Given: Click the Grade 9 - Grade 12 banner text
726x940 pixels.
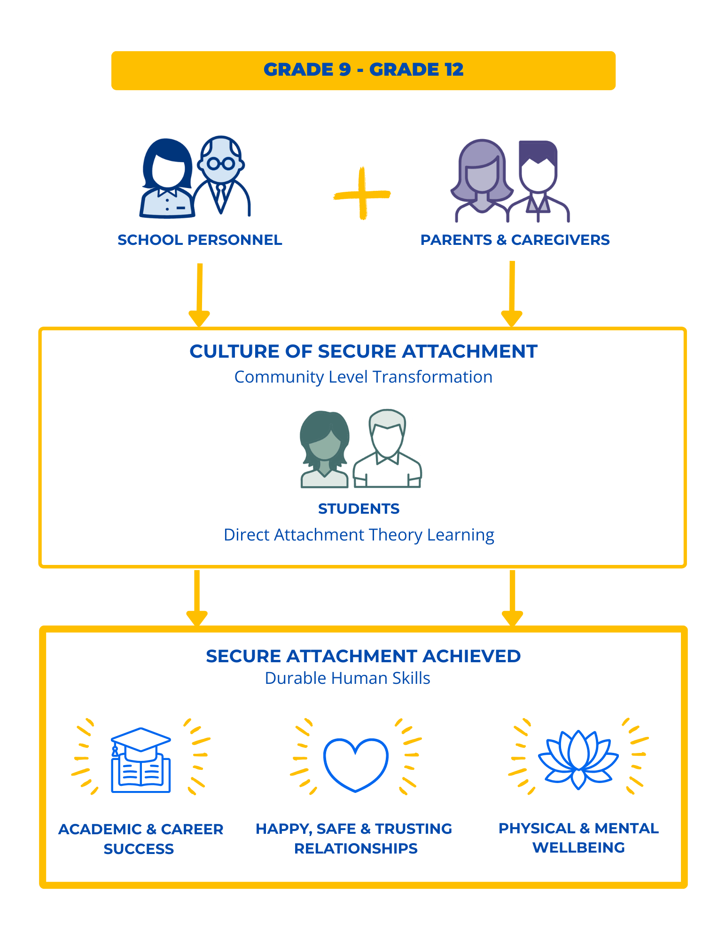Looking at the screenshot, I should [363, 70].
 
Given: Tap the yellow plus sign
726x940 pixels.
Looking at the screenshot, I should [362, 194].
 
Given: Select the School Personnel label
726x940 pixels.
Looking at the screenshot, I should [200, 240].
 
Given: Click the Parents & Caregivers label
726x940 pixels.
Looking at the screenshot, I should [515, 240].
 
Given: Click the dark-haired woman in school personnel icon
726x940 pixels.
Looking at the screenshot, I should [167, 179].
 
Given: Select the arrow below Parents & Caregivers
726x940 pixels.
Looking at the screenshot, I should [512, 294].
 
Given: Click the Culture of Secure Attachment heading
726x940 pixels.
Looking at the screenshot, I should [363, 352].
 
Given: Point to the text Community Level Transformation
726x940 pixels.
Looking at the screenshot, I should [363, 377].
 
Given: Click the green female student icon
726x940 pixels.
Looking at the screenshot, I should [324, 449].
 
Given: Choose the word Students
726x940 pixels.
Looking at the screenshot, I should [359, 509].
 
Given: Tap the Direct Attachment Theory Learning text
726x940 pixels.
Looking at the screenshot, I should [359, 535].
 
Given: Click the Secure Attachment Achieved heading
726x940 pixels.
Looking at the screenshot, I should [363, 656].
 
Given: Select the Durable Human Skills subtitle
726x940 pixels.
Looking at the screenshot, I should [347, 678].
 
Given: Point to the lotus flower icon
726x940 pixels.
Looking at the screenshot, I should [578, 759].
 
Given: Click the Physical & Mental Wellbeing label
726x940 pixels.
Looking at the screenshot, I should [578, 838].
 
